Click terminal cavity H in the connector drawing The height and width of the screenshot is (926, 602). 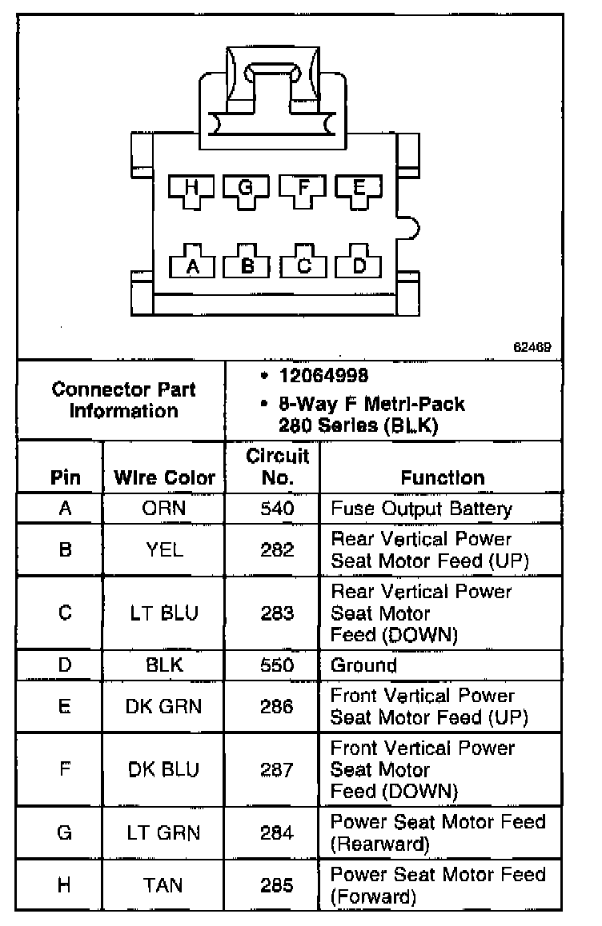[191, 189]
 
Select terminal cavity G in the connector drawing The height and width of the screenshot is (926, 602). [246, 189]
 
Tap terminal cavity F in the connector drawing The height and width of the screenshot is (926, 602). [303, 189]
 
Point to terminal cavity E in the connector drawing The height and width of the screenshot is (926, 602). [358, 189]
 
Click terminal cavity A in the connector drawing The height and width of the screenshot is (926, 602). [191, 265]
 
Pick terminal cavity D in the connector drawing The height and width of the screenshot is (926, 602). [359, 265]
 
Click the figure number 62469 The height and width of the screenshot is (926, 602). [532, 348]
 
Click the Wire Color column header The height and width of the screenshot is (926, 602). [164, 478]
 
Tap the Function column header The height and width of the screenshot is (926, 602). [442, 478]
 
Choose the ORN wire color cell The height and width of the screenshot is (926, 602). [164, 509]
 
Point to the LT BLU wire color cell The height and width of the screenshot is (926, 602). [164, 613]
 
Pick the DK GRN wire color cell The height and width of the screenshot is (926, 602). [164, 707]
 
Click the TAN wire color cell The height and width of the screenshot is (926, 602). [164, 885]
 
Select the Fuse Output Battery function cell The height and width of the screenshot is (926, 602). [421, 509]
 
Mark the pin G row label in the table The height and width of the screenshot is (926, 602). [65, 832]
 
